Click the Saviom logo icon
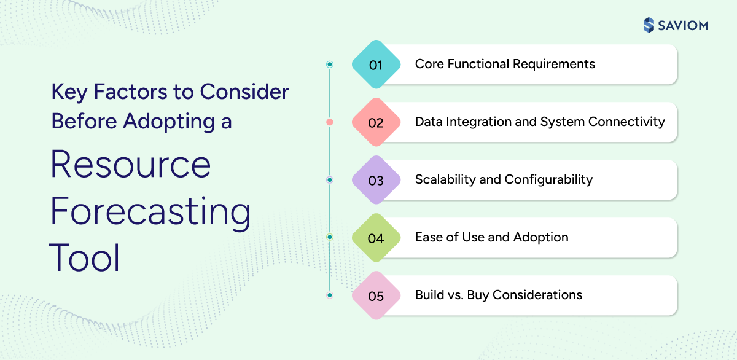tap(649, 25)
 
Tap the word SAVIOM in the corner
tap(683, 25)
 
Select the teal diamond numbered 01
tap(376, 65)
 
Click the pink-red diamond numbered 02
tap(376, 122)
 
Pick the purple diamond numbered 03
tap(376, 180)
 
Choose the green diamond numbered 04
tap(376, 238)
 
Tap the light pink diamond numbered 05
tap(376, 295)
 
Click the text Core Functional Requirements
tap(505, 64)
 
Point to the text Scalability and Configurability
tap(504, 179)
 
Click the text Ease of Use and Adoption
tap(491, 237)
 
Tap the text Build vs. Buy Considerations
tap(498, 295)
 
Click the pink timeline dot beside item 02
tap(330, 122)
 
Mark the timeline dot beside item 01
tap(330, 65)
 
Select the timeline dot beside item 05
tap(330, 295)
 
